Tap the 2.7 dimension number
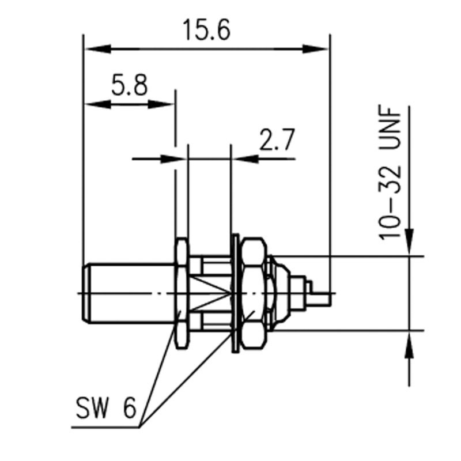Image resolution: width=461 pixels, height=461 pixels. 276,140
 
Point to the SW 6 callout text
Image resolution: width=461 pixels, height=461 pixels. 106,410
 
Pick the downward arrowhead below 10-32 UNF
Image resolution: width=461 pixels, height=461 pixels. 409,242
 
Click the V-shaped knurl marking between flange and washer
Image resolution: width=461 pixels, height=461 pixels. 213,294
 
